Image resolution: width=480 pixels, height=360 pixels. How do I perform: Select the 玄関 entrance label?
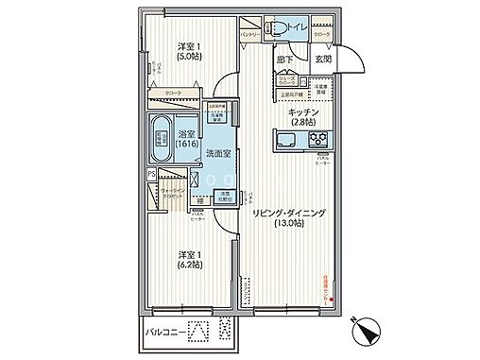(x=323, y=60)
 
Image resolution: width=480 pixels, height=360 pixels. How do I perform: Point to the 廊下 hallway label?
(x=285, y=60)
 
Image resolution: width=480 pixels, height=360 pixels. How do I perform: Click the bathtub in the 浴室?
(x=161, y=141)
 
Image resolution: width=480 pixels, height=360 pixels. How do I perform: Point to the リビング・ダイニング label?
(x=289, y=214)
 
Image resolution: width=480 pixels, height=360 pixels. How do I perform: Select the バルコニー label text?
(x=164, y=332)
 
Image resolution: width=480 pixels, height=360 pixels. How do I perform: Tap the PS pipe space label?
(x=150, y=174)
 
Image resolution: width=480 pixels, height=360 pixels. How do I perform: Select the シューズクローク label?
(x=288, y=82)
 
